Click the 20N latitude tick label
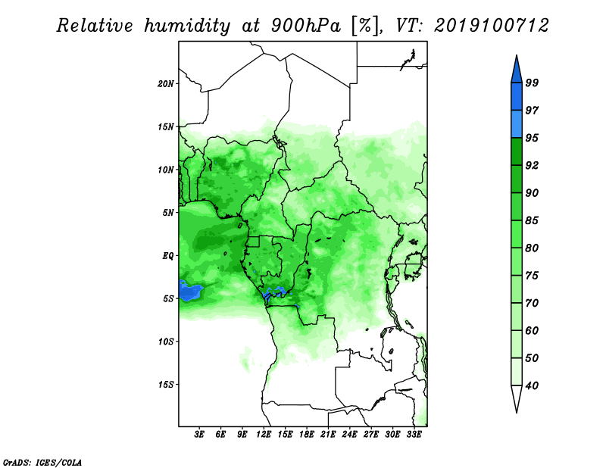(165, 84)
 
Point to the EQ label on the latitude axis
(168, 256)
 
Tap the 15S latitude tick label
(165, 385)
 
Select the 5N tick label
(168, 213)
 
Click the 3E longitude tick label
(199, 435)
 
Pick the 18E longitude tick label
(307, 435)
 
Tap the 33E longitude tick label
(414, 435)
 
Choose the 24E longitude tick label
(349, 435)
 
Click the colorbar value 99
(532, 83)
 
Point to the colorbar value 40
(532, 385)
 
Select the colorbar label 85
(532, 220)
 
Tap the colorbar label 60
(532, 331)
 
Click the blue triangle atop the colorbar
(517, 71)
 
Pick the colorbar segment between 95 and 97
(517, 124)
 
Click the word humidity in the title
(187, 26)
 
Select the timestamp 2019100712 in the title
(491, 26)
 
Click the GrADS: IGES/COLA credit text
(42, 462)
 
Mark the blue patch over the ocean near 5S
(189, 291)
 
